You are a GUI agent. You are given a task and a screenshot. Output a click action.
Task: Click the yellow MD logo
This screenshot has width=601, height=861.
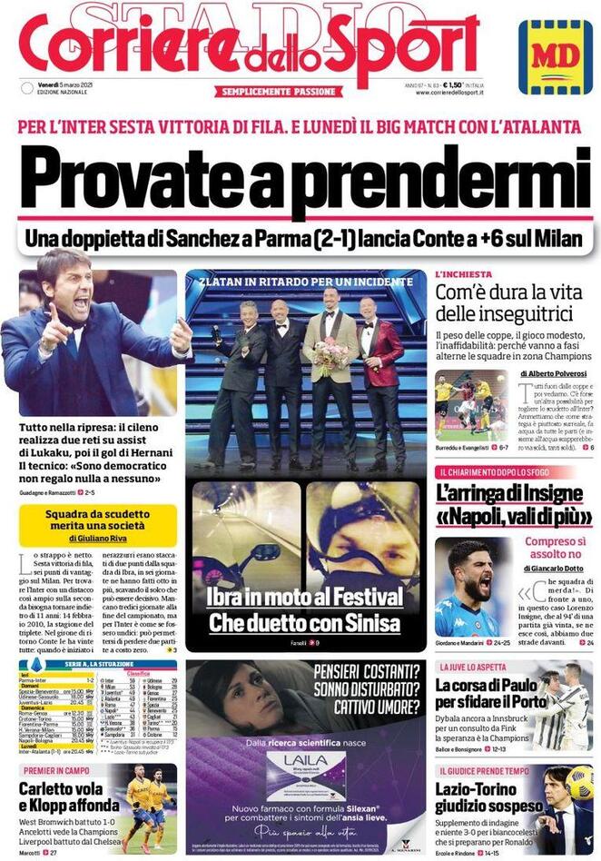tap(555, 56)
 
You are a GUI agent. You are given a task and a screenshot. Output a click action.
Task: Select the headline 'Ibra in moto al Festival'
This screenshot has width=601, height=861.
tap(304, 597)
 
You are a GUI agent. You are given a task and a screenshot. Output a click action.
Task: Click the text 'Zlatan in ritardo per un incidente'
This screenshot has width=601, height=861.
tap(306, 282)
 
